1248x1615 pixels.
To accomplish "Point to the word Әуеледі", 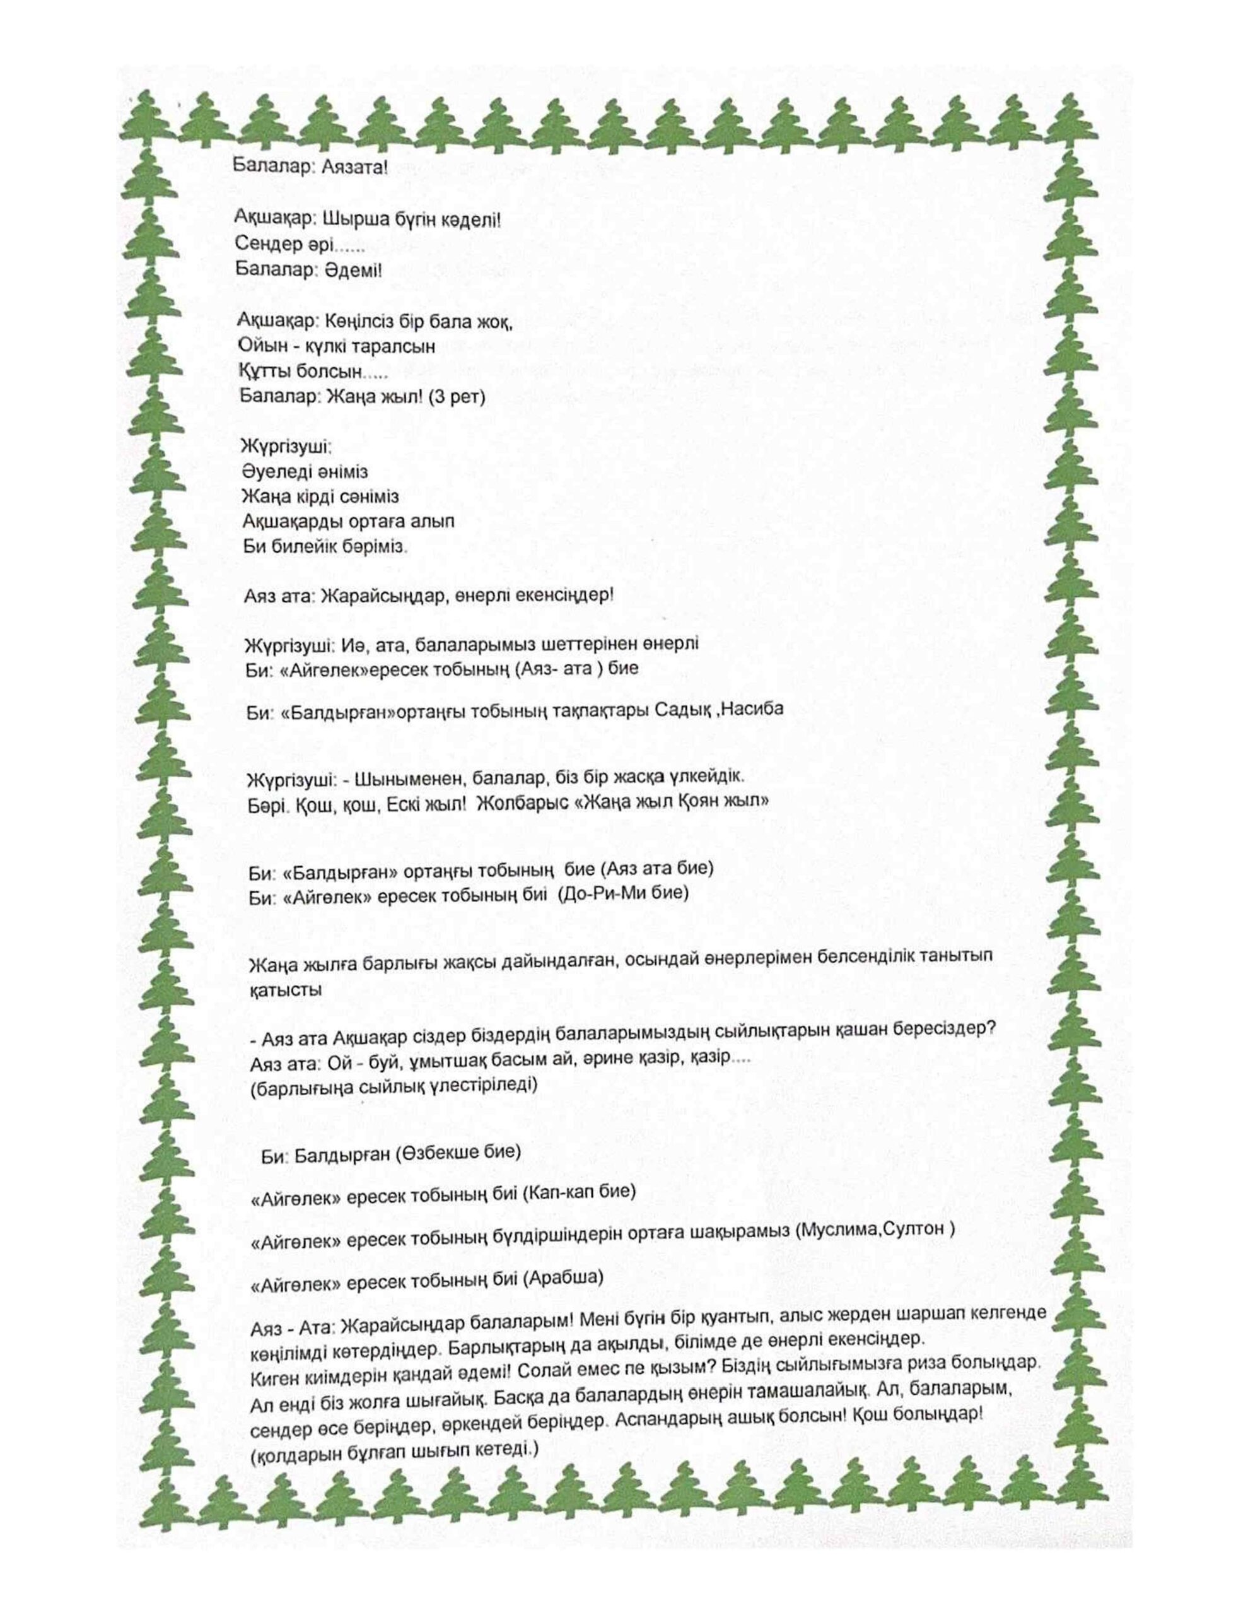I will (x=277, y=472).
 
